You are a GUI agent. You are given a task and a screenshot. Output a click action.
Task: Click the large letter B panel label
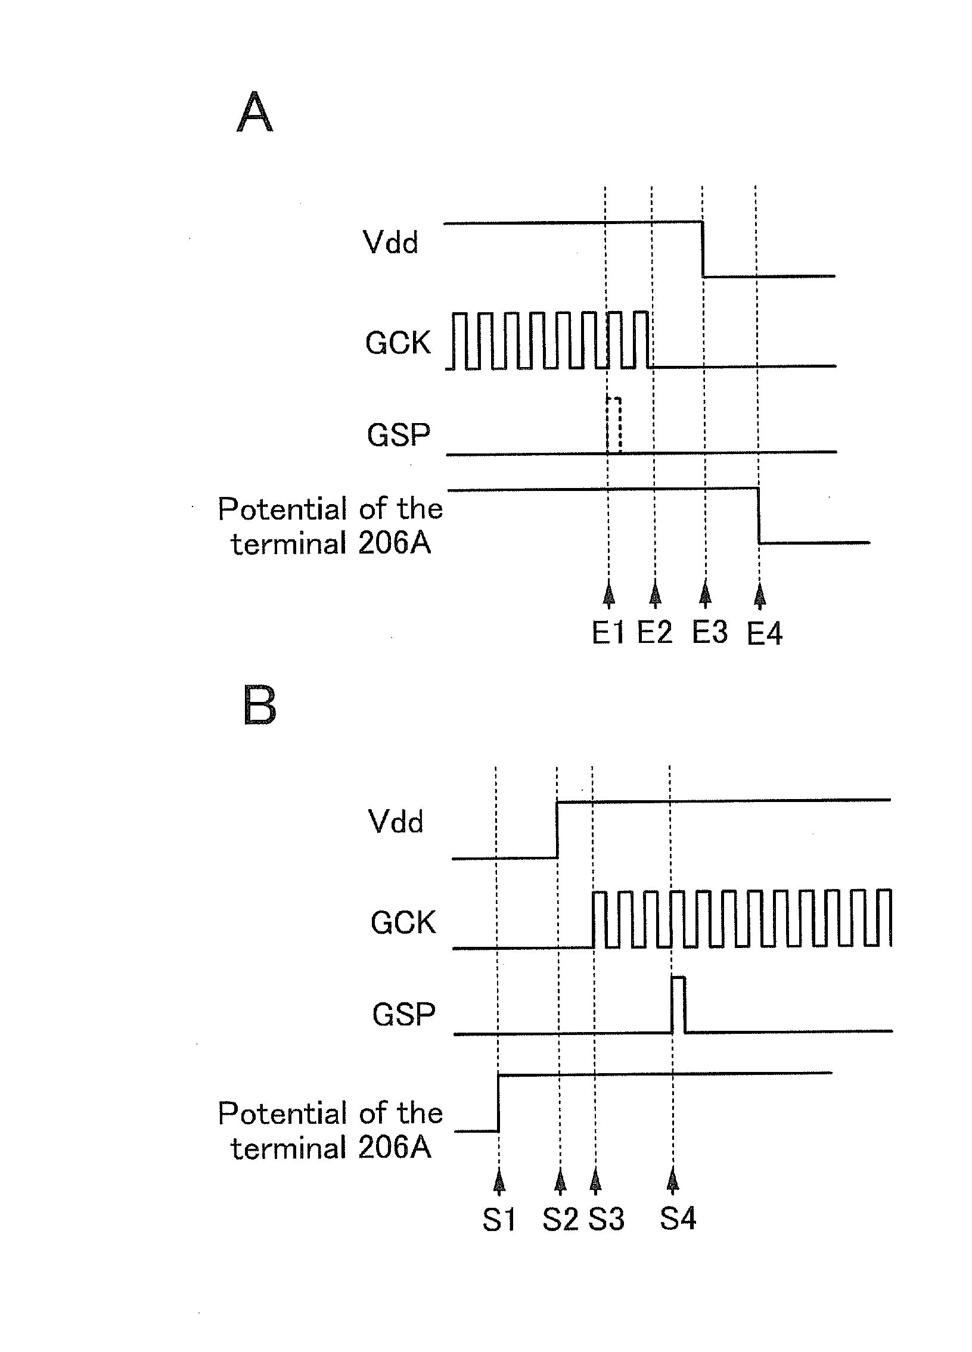point(260,705)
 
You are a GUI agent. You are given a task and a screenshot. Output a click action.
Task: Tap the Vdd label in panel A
point(390,243)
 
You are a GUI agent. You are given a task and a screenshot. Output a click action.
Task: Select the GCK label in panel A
point(398,343)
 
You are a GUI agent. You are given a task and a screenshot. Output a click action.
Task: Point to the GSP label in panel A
point(398,434)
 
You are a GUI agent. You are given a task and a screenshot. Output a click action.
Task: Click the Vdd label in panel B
point(396,822)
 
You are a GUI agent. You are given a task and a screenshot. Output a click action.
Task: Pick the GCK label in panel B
point(403,923)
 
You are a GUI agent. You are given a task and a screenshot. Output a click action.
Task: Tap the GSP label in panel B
point(403,1014)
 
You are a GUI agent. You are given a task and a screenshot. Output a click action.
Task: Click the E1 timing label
point(608,633)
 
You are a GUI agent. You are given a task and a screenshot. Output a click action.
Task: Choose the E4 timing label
point(765,633)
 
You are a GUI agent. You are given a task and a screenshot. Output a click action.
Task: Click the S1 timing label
point(499,1220)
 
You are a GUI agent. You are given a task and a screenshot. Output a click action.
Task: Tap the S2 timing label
point(560,1220)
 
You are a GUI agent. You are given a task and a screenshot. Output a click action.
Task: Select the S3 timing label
point(607,1220)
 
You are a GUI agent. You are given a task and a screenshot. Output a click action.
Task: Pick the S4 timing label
point(678,1219)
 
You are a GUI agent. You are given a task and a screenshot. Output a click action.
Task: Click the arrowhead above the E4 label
point(759,594)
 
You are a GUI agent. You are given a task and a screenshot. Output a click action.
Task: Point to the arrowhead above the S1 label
point(500,1181)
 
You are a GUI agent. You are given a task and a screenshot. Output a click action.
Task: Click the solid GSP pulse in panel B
point(678,1005)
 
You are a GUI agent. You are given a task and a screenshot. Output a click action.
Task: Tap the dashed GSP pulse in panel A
point(614,424)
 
